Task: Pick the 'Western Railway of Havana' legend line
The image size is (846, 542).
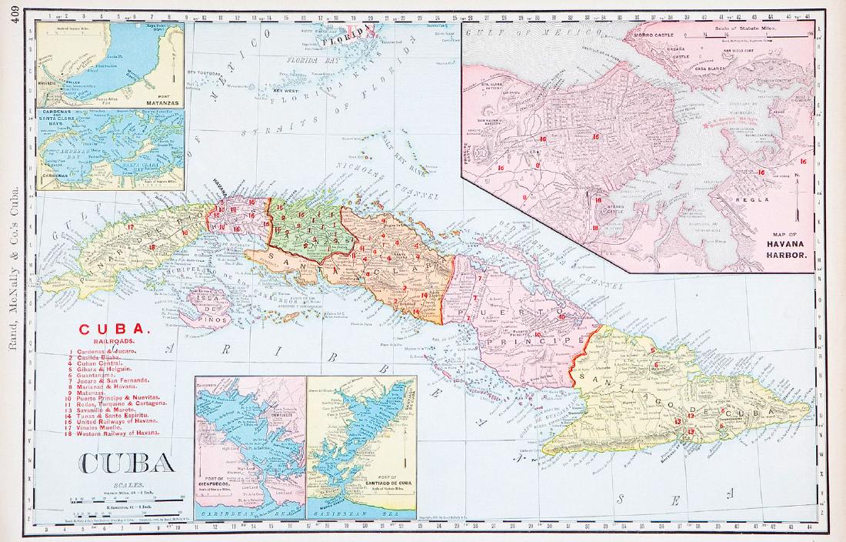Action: point(115,433)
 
